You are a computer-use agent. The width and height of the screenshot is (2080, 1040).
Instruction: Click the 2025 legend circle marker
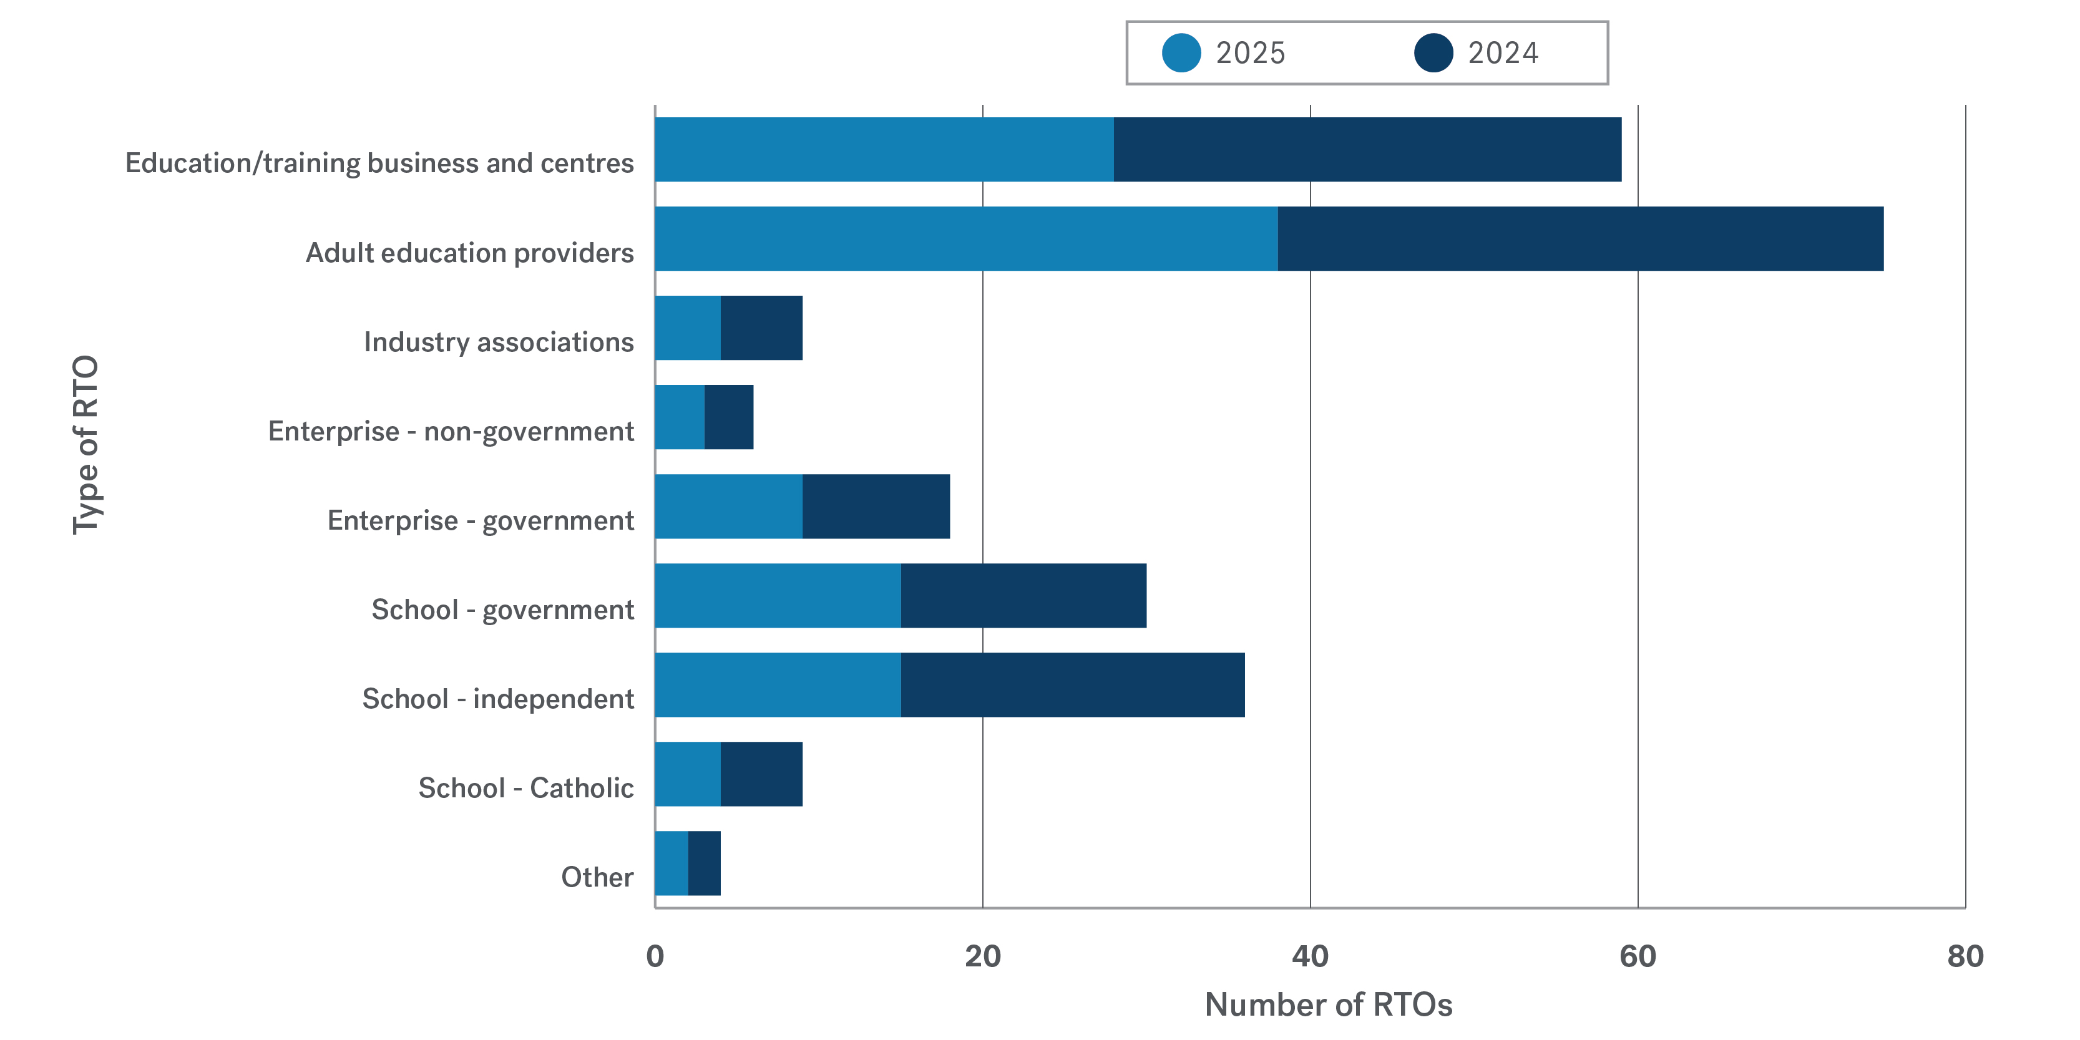(1181, 53)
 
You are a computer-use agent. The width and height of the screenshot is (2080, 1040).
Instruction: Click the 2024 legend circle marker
(1433, 53)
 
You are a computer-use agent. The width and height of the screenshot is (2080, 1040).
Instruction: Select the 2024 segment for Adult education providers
(1580, 239)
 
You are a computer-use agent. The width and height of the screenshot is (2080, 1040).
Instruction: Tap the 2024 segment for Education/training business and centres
(1367, 149)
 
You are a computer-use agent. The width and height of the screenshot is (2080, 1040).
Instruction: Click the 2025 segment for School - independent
(778, 685)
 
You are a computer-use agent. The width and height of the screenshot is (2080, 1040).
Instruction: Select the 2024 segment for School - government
(1023, 596)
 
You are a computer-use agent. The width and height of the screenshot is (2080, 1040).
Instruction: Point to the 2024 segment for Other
(704, 863)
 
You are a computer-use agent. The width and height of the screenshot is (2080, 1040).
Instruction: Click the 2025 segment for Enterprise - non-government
(679, 417)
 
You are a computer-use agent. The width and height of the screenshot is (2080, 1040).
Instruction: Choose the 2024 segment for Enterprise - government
(876, 506)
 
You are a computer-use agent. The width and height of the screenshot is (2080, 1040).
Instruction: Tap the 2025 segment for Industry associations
(687, 328)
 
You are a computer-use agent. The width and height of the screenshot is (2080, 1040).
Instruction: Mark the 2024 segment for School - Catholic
(761, 774)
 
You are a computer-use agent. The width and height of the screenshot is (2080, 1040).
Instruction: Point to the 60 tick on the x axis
(1638, 956)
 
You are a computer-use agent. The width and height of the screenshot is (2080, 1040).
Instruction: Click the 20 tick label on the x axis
(983, 956)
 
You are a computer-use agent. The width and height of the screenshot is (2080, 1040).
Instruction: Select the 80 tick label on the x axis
(1965, 956)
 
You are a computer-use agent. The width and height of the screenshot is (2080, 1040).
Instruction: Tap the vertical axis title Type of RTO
(85, 444)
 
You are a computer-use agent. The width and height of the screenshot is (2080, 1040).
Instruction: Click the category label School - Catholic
(525, 788)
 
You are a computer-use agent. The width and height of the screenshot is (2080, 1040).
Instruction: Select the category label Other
(597, 877)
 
